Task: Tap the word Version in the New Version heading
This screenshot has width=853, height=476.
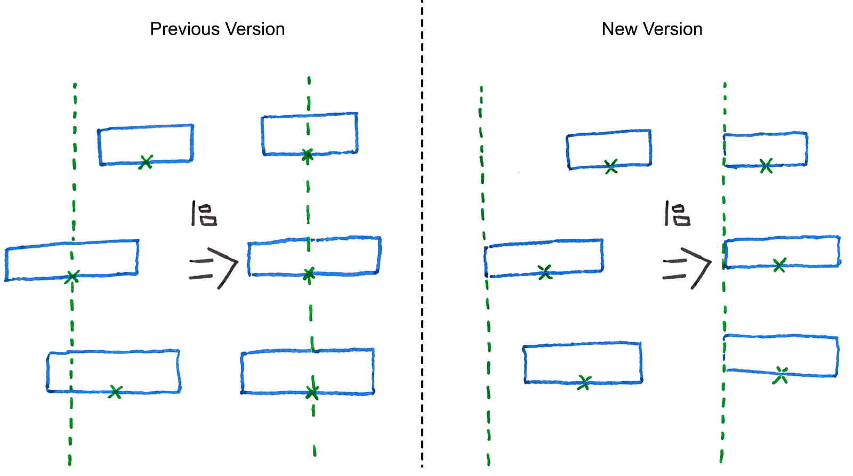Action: click(x=673, y=29)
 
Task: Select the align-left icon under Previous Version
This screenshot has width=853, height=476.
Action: click(x=204, y=214)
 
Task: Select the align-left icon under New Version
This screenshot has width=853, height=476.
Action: click(x=677, y=214)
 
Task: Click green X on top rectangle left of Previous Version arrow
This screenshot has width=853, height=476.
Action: click(x=146, y=162)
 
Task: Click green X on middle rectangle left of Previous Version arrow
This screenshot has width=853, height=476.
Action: click(x=72, y=277)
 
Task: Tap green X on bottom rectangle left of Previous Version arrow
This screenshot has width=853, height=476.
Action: click(x=116, y=392)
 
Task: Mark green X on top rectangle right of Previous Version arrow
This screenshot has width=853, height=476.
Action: click(x=307, y=155)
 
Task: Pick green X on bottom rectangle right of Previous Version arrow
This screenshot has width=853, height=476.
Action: click(x=312, y=392)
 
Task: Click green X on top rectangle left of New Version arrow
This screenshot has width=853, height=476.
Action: click(x=611, y=167)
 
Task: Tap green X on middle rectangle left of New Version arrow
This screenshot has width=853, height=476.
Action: click(x=545, y=272)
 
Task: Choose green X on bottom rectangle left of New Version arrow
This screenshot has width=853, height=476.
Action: click(x=584, y=382)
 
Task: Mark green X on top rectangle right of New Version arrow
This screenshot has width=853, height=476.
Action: click(x=766, y=166)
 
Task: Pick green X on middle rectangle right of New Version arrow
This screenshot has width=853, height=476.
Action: click(x=779, y=264)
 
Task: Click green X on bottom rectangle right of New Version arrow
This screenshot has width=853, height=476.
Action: click(x=781, y=375)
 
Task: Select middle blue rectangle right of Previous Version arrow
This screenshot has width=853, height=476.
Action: click(x=314, y=256)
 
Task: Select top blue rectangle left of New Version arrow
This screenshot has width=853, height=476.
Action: click(x=608, y=149)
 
